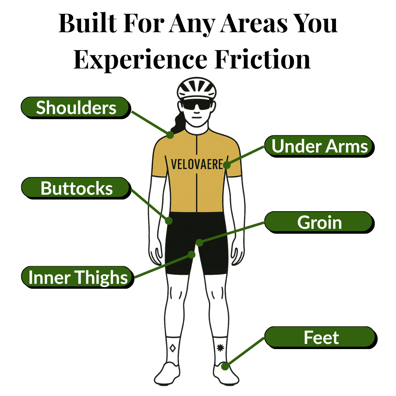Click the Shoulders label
click(x=76, y=108)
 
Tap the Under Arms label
click(x=319, y=146)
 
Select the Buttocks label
click(x=76, y=188)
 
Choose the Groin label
click(x=319, y=222)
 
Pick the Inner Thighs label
click(x=78, y=277)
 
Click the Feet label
click(x=321, y=337)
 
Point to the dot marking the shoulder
click(x=170, y=135)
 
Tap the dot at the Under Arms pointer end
click(x=227, y=165)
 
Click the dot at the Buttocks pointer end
click(x=169, y=221)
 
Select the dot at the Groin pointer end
click(x=199, y=242)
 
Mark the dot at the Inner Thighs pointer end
click(x=191, y=254)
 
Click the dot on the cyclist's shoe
click(x=225, y=366)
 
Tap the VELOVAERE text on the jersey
click(x=197, y=164)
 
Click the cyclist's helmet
click(x=197, y=88)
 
